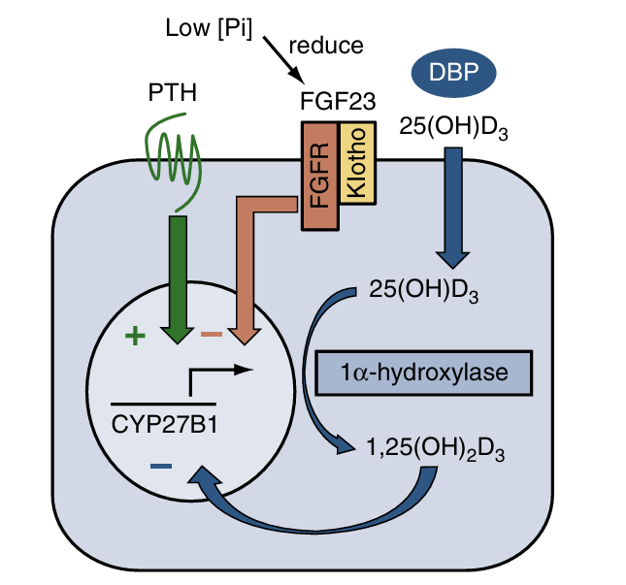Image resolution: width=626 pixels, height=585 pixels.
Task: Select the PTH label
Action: tap(172, 94)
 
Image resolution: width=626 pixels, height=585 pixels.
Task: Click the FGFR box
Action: tap(320, 176)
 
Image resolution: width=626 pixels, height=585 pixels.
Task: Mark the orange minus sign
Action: tap(211, 336)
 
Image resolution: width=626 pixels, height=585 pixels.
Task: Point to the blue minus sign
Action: tap(161, 467)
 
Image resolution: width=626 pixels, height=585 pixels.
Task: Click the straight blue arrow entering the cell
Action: tap(453, 204)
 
